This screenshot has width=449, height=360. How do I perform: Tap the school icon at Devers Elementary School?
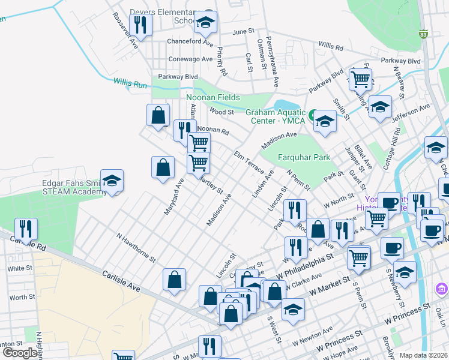click(205, 23)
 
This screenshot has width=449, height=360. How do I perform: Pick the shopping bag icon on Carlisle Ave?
click(174, 279)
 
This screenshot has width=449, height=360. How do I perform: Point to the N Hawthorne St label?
click(136, 248)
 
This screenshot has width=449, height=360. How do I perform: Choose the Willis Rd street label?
click(331, 46)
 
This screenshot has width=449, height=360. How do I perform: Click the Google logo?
click(20, 353)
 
